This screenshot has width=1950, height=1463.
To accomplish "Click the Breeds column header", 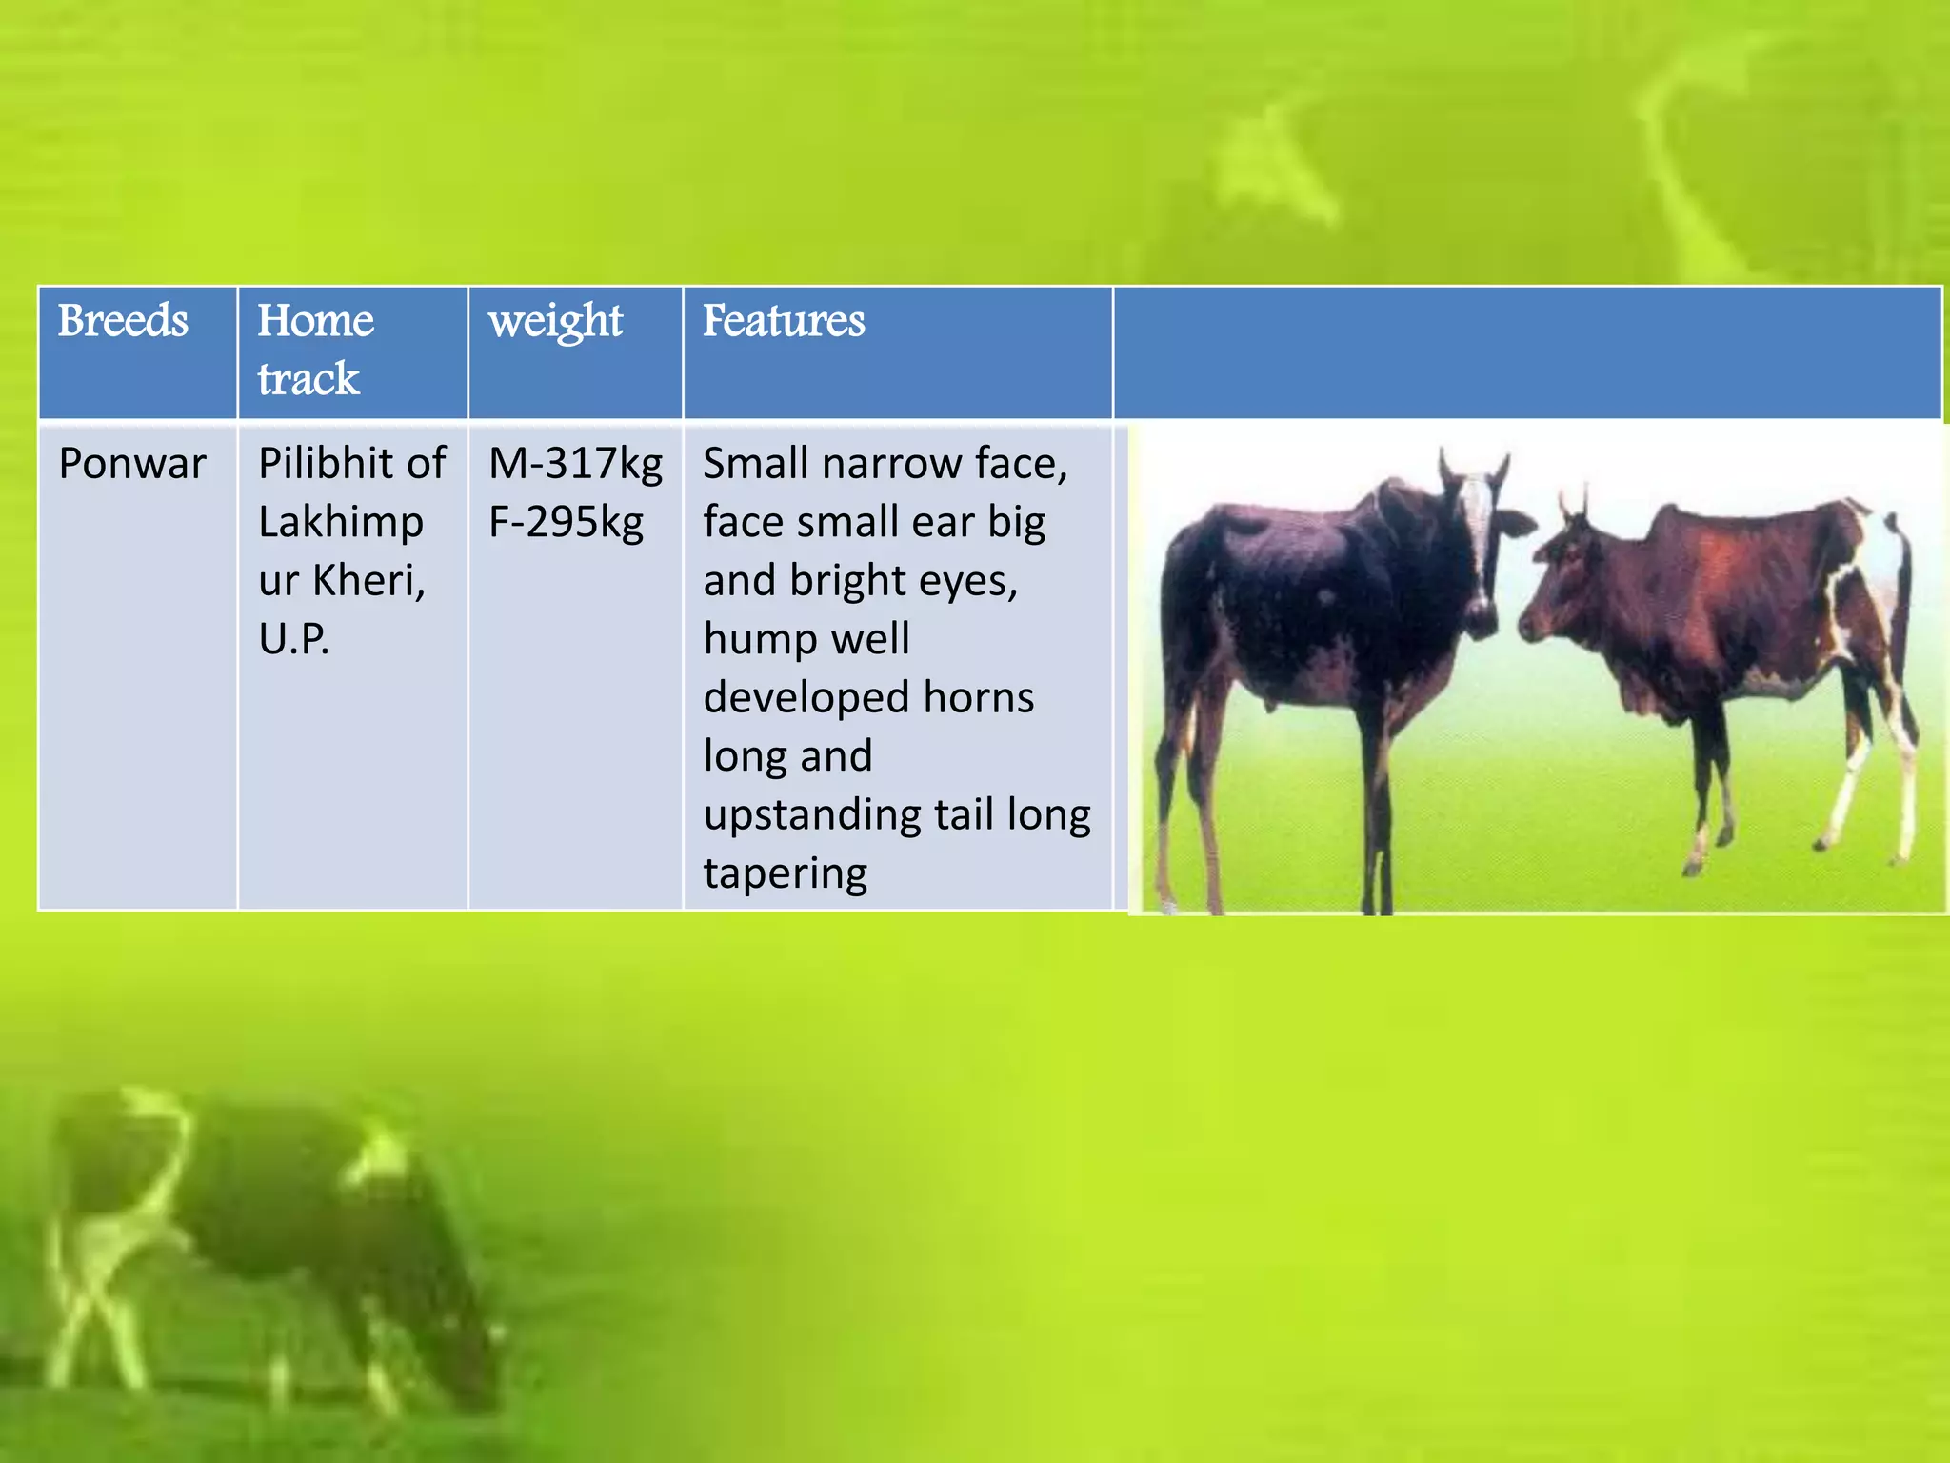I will coord(123,321).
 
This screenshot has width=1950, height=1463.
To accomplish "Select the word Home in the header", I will coord(315,321).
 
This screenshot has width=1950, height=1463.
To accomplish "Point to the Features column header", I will coord(784,321).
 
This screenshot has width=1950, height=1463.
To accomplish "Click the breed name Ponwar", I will coord(132,465).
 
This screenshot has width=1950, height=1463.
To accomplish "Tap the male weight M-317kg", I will coord(575,465).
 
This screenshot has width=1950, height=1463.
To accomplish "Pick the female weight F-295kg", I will coord(566,523).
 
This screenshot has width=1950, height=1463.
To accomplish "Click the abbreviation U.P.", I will coord(293,639).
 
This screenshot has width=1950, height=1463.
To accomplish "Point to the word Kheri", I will coord(368,581).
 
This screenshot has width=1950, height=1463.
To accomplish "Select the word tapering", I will coord(786,874).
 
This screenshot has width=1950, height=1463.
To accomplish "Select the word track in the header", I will coord(308,379).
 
